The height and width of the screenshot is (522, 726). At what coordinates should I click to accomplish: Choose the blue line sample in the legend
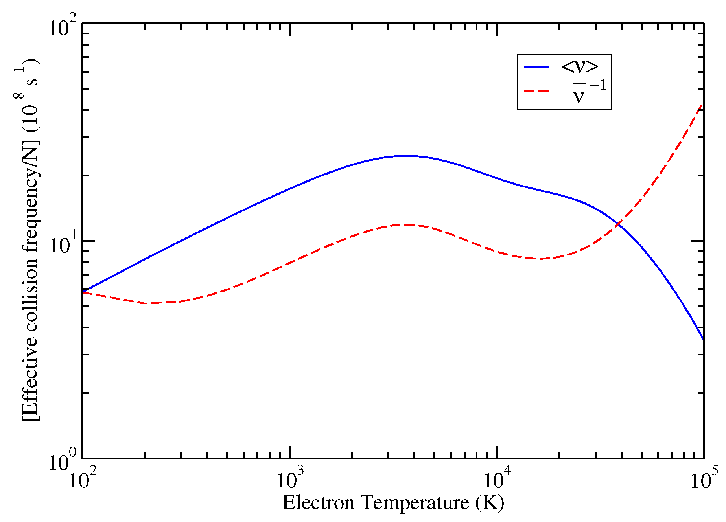pos(536,67)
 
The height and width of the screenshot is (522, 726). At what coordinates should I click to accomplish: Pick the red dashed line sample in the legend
pos(536,91)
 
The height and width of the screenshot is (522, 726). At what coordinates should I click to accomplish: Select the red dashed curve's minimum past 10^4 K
pos(541,259)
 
